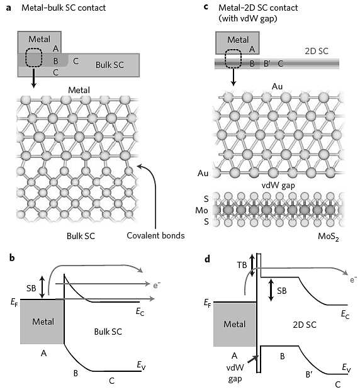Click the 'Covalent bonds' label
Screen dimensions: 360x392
click(x=155, y=235)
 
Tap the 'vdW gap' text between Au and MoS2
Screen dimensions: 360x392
click(x=278, y=186)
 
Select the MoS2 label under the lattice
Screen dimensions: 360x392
click(x=329, y=237)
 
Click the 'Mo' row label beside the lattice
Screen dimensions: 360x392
click(x=201, y=211)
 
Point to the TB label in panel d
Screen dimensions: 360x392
click(x=242, y=265)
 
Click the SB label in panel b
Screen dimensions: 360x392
click(x=31, y=288)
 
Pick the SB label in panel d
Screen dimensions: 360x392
click(x=282, y=291)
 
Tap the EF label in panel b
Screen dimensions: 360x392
click(x=14, y=302)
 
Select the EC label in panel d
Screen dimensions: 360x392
click(x=345, y=314)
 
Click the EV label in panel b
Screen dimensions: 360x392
click(x=141, y=365)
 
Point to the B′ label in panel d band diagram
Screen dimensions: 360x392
click(x=309, y=374)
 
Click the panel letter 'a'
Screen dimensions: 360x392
click(x=9, y=8)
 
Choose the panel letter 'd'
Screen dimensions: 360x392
click(x=207, y=259)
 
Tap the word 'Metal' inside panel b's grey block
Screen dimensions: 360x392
click(x=43, y=322)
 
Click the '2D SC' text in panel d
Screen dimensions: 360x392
click(x=305, y=325)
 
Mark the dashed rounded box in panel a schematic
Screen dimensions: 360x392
click(x=33, y=57)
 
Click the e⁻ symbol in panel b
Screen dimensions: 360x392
click(x=157, y=285)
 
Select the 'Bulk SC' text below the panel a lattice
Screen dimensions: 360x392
click(x=81, y=236)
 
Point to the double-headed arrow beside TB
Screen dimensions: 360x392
click(x=252, y=266)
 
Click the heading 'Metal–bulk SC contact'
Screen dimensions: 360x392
click(x=64, y=8)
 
